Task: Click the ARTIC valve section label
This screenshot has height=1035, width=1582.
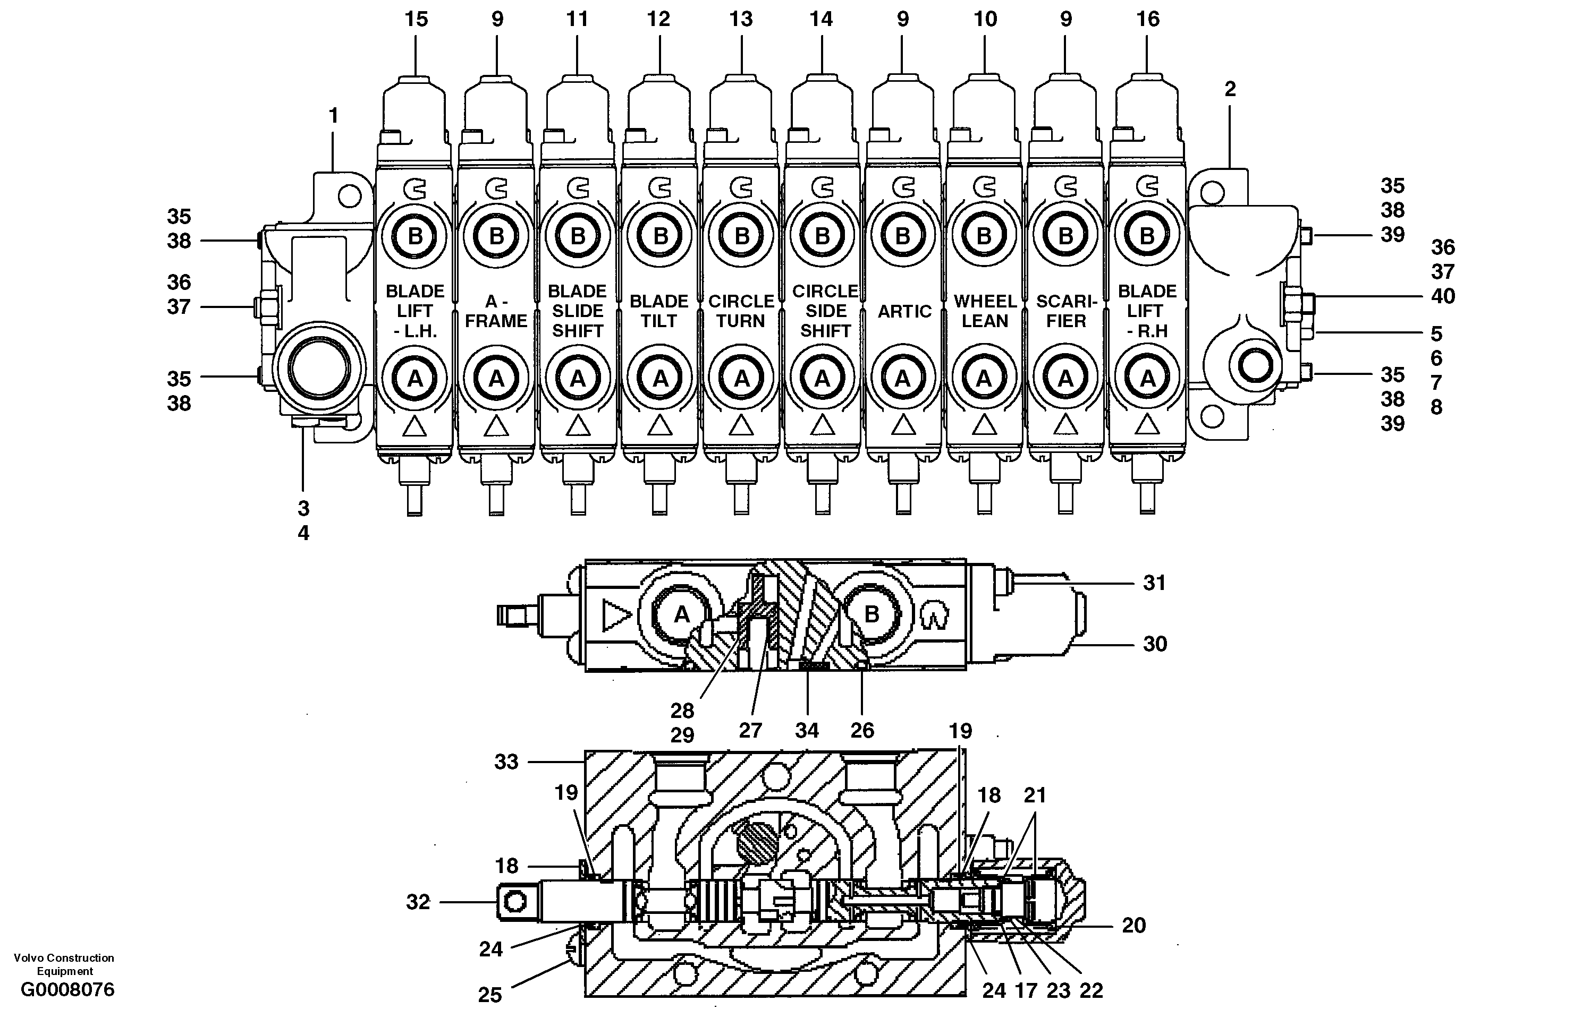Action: pos(904,312)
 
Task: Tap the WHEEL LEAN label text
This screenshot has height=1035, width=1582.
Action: pos(984,311)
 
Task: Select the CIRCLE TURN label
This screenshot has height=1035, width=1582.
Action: pos(741,311)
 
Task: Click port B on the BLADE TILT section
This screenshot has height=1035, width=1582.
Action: pos(660,236)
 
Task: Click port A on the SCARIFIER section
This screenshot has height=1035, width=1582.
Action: pos(1065,379)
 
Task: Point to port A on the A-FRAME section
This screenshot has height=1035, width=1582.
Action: pos(496,379)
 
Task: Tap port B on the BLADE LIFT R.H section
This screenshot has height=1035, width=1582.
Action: pos(1147,236)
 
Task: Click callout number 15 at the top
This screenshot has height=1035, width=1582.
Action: pos(416,19)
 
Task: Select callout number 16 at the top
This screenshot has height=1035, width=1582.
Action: pos(1148,19)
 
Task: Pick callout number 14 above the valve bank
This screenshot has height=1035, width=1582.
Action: pos(821,19)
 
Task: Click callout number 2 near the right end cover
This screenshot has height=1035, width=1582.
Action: pos(1230,89)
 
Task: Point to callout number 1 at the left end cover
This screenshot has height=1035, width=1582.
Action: pos(334,116)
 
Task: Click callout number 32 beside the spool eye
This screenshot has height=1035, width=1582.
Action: pos(418,902)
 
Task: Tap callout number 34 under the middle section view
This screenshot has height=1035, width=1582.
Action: pos(807,731)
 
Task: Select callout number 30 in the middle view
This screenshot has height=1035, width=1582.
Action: pos(1155,644)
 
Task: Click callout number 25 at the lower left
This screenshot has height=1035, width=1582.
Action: pos(490,995)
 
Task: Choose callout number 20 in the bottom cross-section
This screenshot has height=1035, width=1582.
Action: pos(1133,926)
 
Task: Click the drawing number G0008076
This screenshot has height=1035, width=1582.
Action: pos(68,990)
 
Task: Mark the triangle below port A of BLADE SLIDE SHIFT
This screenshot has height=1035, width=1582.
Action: pos(578,425)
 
